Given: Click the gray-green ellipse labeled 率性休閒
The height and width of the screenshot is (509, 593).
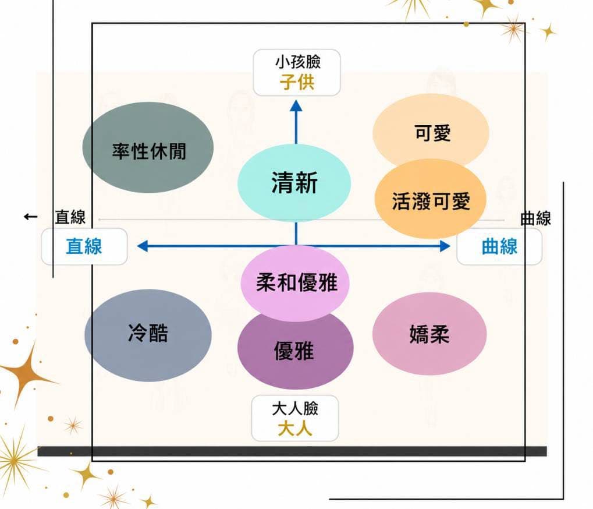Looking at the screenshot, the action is point(148,147).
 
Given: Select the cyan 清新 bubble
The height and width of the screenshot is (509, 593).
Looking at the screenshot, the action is point(294,183).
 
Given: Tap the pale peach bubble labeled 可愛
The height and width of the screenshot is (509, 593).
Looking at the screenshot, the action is point(431,131).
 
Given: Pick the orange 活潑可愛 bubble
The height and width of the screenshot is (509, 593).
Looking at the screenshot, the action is point(431,199).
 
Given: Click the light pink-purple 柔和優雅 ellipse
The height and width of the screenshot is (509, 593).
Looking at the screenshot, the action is point(295,282).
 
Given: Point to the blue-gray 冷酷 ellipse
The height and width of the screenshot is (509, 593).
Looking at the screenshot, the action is point(148,335).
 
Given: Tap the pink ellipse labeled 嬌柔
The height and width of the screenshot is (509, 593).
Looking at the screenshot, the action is point(429,334).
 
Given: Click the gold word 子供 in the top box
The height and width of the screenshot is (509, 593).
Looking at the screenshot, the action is point(297,82).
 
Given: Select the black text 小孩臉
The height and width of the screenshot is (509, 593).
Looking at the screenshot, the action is point(297,62).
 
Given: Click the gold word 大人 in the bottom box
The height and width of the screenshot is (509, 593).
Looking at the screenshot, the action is point(295,429).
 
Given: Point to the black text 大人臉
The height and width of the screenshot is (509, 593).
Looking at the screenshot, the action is point(295,409).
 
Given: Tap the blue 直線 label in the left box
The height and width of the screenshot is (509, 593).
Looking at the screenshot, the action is point(84,246).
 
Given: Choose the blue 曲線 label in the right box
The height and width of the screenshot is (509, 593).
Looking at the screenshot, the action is point(499,246).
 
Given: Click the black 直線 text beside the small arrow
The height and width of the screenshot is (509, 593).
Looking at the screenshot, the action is point(70,217).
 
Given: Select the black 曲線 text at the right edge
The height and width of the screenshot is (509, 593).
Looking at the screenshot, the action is point(535,218).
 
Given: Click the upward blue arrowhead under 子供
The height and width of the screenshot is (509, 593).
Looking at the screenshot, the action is point(296,105).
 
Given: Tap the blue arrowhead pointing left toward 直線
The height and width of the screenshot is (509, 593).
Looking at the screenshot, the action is point(142,246).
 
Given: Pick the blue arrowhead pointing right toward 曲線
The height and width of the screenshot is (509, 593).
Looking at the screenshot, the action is point(445,246).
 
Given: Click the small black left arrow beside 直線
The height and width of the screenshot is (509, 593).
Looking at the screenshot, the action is point(31,217).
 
